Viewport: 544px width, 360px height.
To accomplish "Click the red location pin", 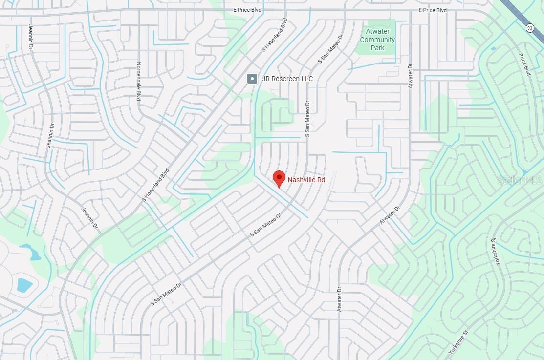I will (x=279, y=178).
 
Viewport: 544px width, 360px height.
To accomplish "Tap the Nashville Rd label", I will (x=306, y=180).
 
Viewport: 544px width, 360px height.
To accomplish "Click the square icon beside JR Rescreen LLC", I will (x=252, y=79).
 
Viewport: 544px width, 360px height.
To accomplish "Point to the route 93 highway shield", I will (x=530, y=28).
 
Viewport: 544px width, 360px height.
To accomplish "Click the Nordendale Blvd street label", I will (x=138, y=82).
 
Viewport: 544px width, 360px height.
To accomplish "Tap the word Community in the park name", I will (x=377, y=40).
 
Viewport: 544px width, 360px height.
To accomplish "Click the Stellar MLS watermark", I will (x=520, y=180).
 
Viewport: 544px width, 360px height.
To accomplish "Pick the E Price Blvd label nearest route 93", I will (x=433, y=10).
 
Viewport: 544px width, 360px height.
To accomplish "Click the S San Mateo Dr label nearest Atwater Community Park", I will (x=327, y=52).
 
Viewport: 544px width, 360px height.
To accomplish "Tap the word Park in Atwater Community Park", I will (x=377, y=48).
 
